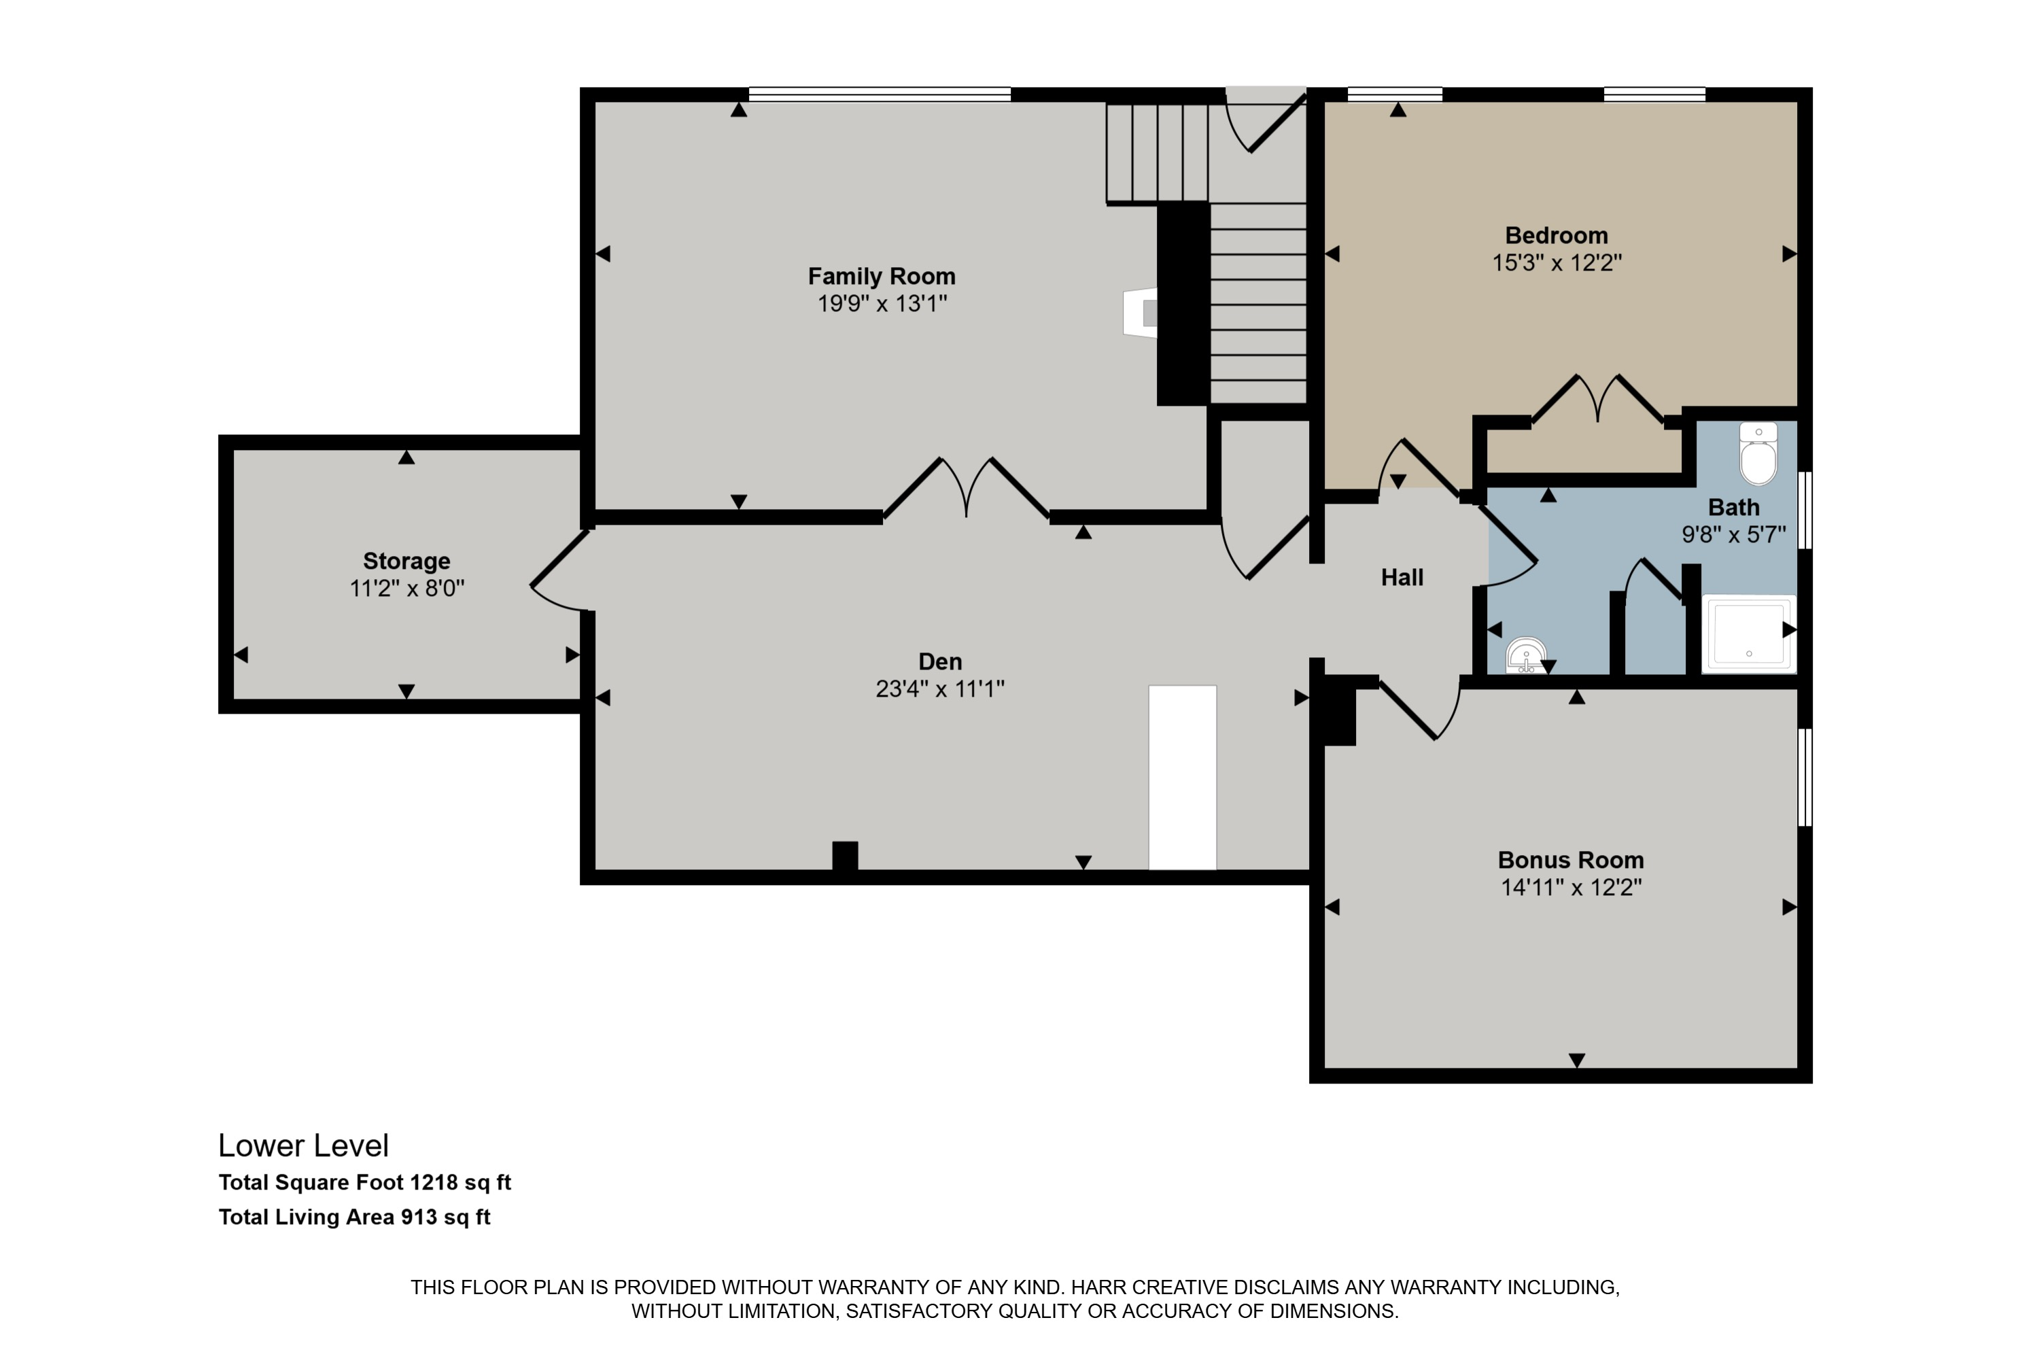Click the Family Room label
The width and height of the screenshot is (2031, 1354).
(x=882, y=277)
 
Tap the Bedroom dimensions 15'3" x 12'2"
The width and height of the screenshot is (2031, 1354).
(x=1557, y=262)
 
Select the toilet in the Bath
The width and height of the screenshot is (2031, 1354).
(x=1758, y=454)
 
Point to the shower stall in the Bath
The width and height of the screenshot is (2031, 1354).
(x=1749, y=633)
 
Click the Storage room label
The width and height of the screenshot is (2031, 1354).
(x=406, y=561)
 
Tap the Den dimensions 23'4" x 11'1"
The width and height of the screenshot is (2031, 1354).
(x=940, y=689)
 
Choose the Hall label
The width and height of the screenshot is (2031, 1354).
(x=1402, y=578)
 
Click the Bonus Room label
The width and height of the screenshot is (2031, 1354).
(x=1571, y=860)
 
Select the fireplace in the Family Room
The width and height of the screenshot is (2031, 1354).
(x=1140, y=313)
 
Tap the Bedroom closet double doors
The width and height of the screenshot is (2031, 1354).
(x=1597, y=398)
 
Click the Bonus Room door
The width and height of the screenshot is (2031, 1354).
(x=1420, y=709)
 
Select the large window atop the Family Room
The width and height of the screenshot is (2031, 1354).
(x=879, y=94)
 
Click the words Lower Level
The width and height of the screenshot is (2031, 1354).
(x=303, y=1146)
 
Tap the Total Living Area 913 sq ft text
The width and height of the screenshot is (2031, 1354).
(x=354, y=1217)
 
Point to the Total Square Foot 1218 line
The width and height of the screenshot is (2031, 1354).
(x=364, y=1182)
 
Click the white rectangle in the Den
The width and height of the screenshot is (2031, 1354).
(x=1182, y=777)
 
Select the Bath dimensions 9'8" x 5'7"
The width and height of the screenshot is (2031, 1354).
(x=1734, y=534)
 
